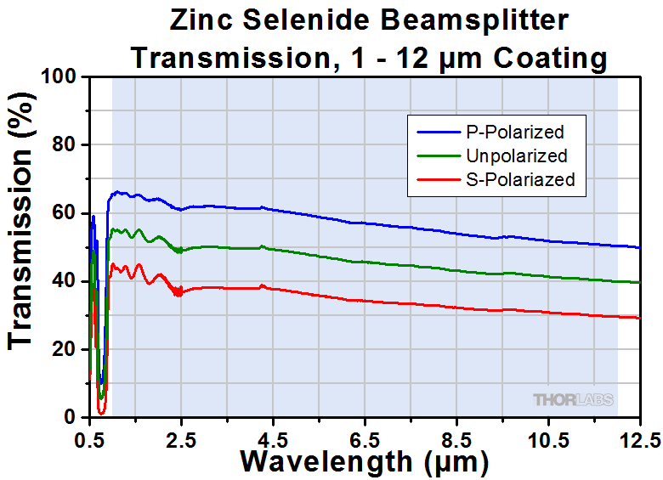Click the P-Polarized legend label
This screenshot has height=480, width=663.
(x=514, y=132)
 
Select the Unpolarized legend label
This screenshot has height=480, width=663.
(x=516, y=155)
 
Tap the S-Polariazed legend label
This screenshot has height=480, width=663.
(x=520, y=179)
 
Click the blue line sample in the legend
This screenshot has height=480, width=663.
(x=439, y=132)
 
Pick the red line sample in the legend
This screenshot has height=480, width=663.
(x=439, y=179)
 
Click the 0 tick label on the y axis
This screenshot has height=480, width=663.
(x=75, y=417)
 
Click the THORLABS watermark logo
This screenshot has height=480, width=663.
(x=574, y=399)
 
